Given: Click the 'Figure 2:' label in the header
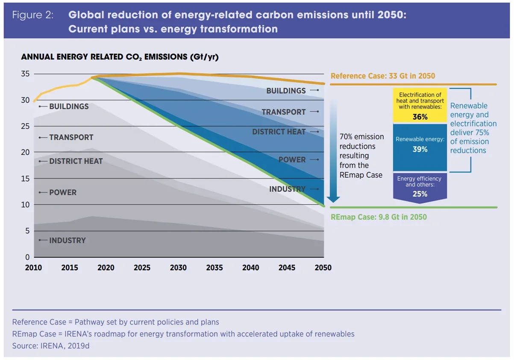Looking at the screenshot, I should (x=32, y=15).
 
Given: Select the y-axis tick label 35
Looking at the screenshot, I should (x=25, y=74).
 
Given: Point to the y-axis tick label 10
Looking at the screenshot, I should (x=25, y=205).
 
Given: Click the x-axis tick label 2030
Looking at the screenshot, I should (x=178, y=268).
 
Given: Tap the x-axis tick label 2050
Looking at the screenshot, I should (x=323, y=268).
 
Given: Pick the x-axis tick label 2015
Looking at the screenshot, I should (x=70, y=268).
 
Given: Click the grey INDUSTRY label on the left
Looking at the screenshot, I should (x=67, y=240).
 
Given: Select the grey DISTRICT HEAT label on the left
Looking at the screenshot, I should (x=76, y=161).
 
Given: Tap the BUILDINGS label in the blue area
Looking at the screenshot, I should (x=286, y=91).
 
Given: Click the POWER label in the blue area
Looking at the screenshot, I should (x=292, y=159).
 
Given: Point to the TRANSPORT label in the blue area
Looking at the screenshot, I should (x=283, y=112).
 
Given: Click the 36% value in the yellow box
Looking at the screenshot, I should (x=420, y=117).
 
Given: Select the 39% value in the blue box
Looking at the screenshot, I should (x=420, y=150).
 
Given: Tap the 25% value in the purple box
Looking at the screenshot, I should (x=420, y=194).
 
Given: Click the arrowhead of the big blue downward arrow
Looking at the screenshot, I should (x=333, y=198).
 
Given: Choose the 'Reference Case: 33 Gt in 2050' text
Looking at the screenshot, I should (x=382, y=76).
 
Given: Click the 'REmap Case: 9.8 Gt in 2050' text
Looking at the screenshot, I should (x=379, y=217).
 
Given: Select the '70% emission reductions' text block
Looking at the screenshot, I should (x=361, y=156).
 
